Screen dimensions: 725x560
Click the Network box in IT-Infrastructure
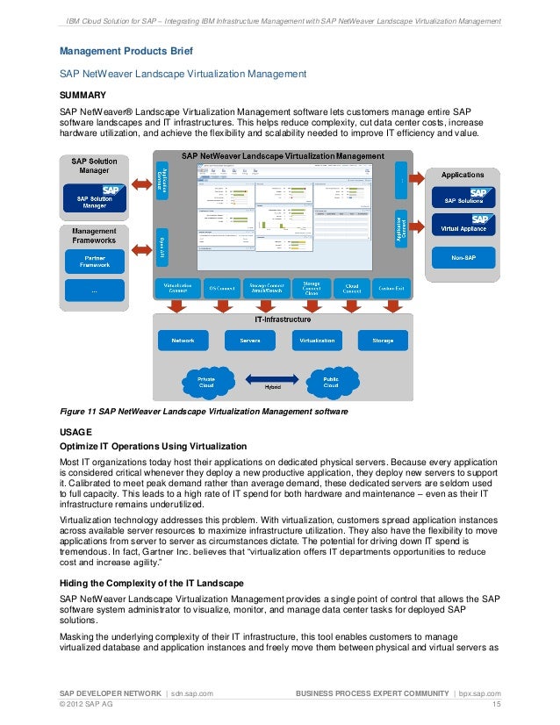183,340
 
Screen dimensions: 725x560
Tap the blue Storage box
383,340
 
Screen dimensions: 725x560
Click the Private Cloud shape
207,381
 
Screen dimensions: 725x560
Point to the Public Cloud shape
331,381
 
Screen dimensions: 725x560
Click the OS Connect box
220,287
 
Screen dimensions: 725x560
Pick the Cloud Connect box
352,287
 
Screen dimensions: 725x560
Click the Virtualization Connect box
177,287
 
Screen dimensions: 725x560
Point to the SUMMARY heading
83,95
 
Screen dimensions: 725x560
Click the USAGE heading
75,432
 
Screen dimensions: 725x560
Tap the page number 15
496,704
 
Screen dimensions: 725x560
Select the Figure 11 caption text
191,412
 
